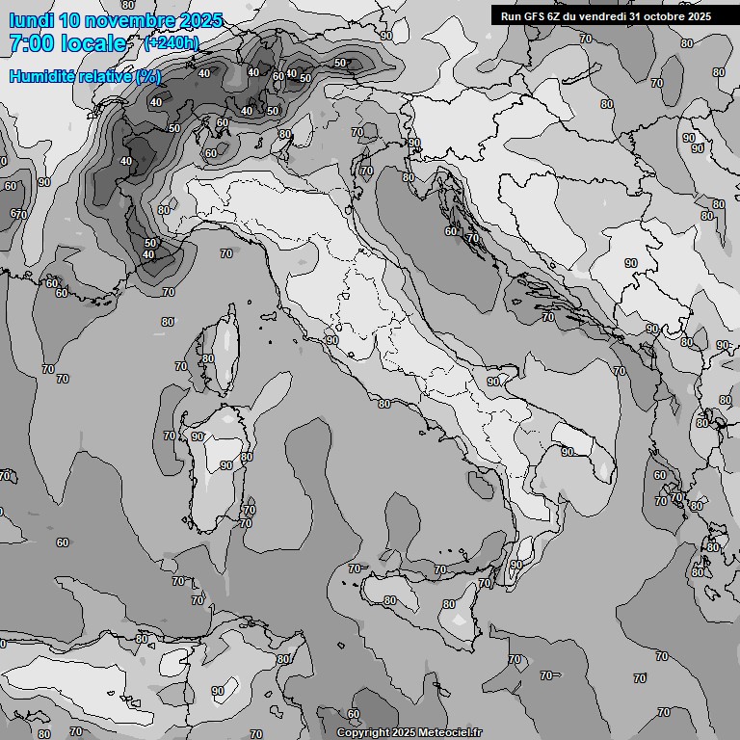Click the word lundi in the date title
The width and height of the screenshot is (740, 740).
(31, 20)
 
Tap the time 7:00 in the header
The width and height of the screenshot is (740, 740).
(31, 43)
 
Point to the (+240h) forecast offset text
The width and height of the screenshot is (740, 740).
(172, 42)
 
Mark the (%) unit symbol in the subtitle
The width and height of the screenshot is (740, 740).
(148, 76)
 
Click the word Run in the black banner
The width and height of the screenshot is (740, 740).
(511, 15)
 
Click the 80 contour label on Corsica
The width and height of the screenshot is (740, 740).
(208, 358)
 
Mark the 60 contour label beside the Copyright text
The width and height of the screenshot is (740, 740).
(354, 714)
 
